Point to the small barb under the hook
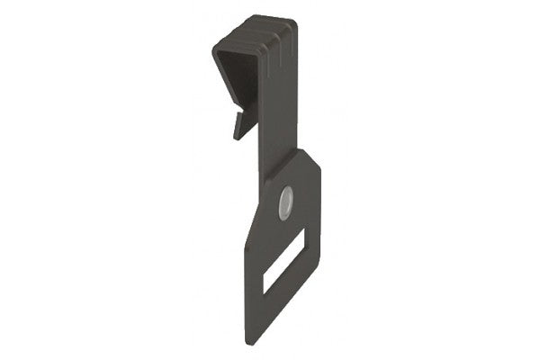[243, 124]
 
